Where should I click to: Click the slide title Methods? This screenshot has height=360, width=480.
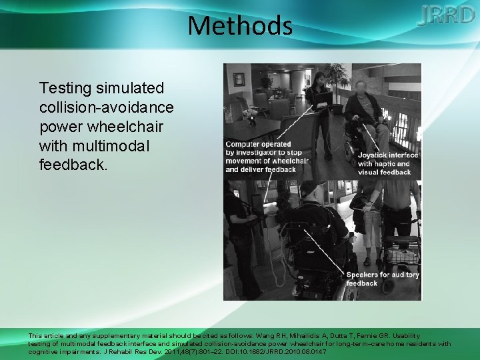pos(240,26)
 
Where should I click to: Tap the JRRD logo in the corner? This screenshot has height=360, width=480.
pos(446,15)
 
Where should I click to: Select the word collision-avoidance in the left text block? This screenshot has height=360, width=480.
pos(107,107)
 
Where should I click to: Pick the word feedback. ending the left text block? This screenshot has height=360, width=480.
pos(73,164)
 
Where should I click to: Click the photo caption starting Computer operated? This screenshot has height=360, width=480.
pos(260,157)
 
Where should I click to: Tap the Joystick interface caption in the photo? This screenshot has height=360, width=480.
pos(388,163)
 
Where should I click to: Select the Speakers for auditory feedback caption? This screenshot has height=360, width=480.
pos(383,279)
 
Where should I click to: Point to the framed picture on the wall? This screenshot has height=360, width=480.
pos(239,79)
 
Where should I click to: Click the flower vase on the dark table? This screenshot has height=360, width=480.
pos(252,118)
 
